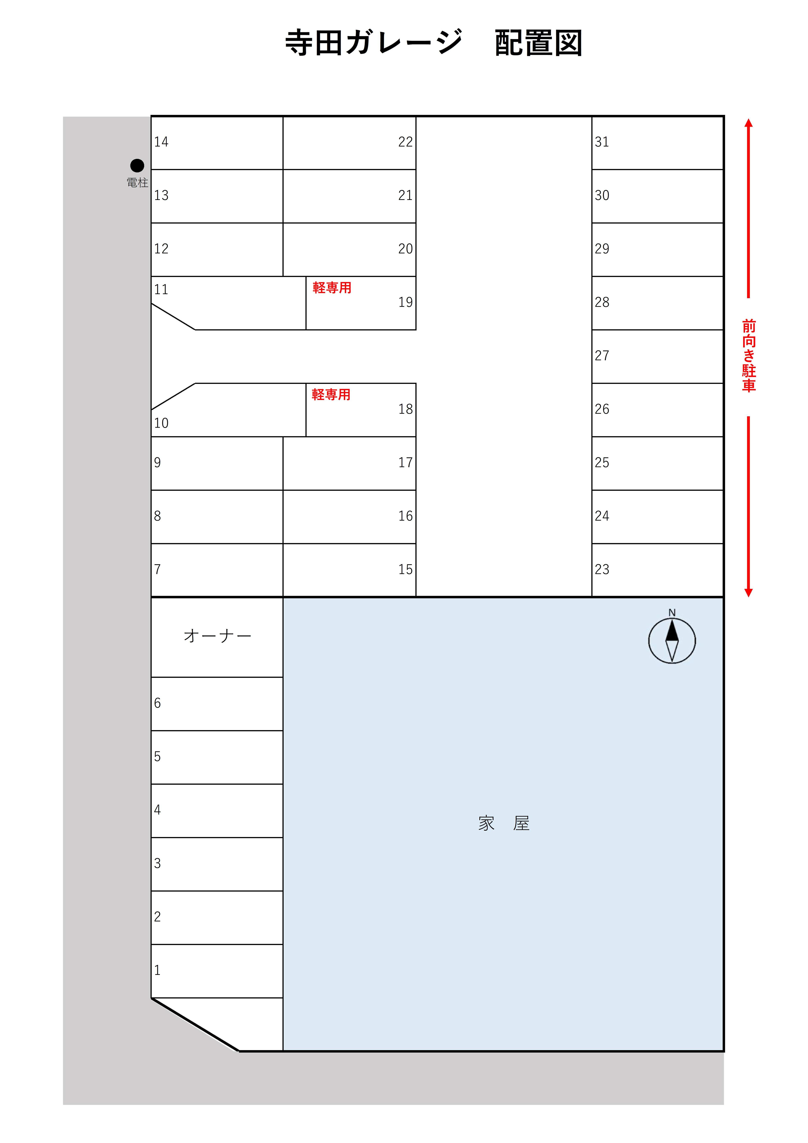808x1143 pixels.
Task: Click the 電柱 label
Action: (x=137, y=183)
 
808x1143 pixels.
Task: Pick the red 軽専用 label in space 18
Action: (x=331, y=395)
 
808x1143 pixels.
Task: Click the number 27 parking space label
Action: (x=602, y=356)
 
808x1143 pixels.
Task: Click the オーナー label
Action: (x=218, y=636)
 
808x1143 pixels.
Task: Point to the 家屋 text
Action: (x=504, y=823)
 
